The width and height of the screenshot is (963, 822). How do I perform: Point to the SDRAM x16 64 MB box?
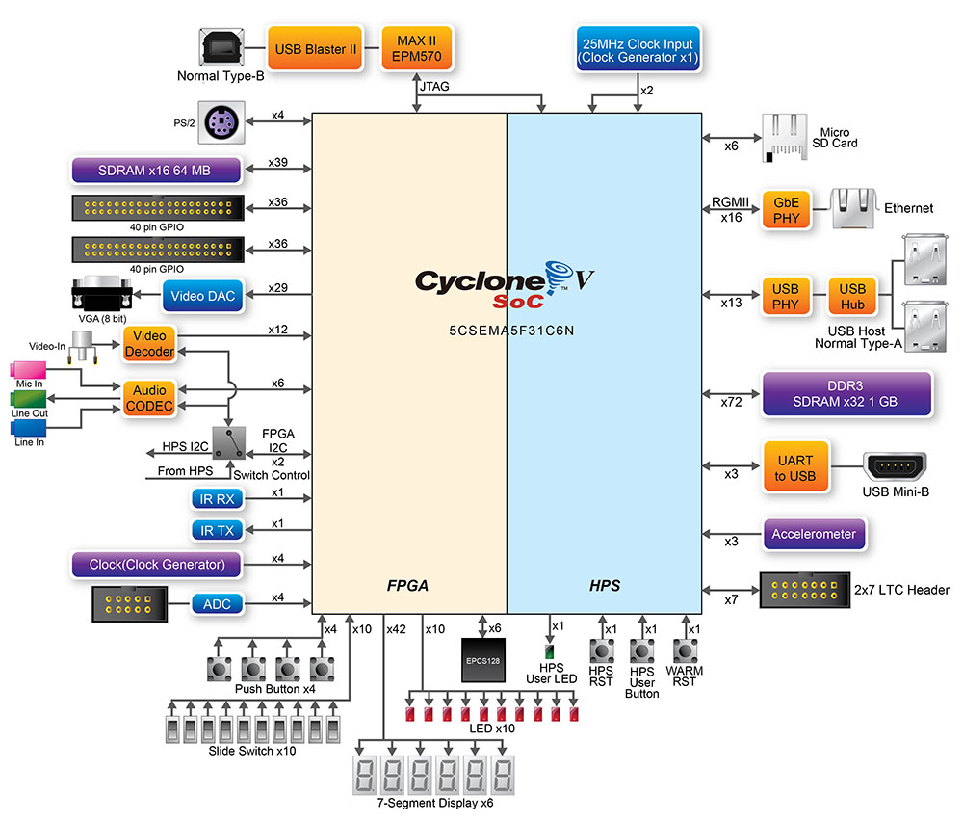pos(155,171)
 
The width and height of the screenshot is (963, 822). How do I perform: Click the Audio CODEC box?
pos(148,398)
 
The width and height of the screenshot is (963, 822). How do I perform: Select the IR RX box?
pos(219,498)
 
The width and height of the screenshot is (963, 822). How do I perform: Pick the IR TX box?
pos(219,529)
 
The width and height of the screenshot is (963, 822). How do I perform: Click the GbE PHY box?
pos(781,208)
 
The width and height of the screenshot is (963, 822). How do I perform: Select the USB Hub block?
pos(851,296)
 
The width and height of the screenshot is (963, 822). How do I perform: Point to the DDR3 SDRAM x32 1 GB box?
pos(846,394)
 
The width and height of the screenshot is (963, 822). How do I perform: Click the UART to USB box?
pos(794,467)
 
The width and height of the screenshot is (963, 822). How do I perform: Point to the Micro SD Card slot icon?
pos(786,136)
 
